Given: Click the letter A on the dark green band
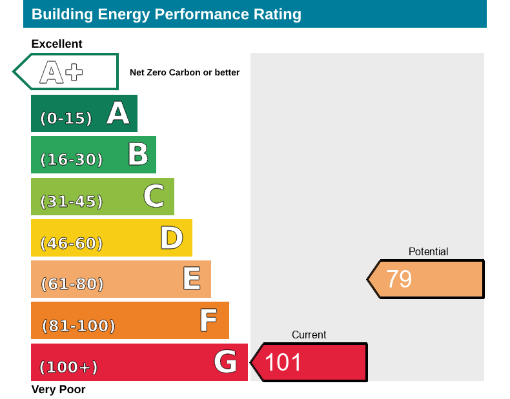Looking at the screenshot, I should point(118,113).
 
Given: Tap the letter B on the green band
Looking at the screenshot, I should point(138,155).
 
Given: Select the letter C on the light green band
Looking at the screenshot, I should point(154,196).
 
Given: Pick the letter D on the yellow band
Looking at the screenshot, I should point(172,238).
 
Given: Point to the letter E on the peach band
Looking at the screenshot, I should point(191,279).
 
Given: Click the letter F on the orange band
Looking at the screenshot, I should point(208,320).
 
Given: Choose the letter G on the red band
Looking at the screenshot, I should point(225,362).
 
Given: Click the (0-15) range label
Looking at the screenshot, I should point(66,119).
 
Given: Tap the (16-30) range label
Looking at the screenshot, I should point(72,160).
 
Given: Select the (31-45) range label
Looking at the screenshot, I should point(72,202).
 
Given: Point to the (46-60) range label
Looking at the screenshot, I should point(72,244).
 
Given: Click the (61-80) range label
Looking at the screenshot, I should point(72,284).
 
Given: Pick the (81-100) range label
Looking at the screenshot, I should point(78,326).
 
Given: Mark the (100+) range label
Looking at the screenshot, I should point(68,367).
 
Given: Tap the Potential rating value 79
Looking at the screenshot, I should point(399,279).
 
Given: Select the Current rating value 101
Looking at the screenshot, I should point(283,362).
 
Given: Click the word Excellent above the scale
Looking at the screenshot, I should point(57,44).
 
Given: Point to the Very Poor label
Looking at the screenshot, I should point(58,389).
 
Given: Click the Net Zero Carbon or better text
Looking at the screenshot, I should point(185,73).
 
